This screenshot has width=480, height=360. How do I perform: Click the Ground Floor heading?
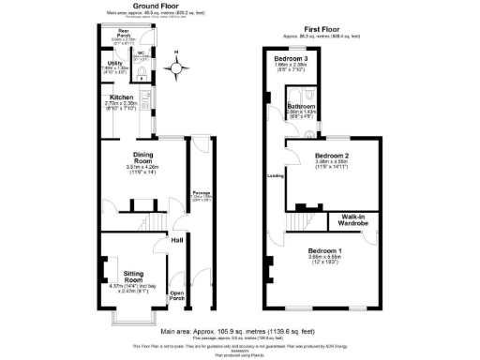pyautogui.click(x=157, y=5)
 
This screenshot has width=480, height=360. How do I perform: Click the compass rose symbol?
pyautogui.click(x=175, y=67)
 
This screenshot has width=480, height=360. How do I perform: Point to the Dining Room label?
pyautogui.click(x=130, y=161)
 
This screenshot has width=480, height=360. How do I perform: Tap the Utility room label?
pyautogui.click(x=112, y=63)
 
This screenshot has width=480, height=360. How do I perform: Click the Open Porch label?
pyautogui.click(x=176, y=296)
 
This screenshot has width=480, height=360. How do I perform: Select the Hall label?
pyautogui.click(x=176, y=240)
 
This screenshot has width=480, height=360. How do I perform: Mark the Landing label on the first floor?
pyautogui.click(x=276, y=175)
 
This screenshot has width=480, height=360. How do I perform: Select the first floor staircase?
pyautogui.click(x=298, y=219)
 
